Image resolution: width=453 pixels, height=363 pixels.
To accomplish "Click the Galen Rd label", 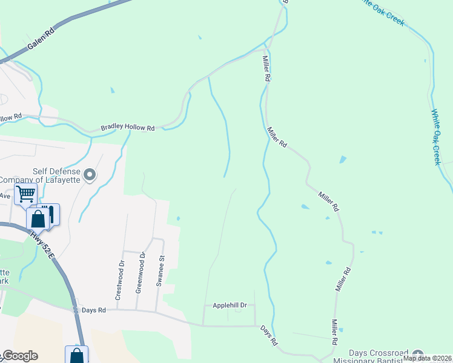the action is (41, 38).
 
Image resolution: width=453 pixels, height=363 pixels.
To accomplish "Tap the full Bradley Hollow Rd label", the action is (128, 128).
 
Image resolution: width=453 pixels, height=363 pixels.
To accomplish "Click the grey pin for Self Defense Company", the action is (90, 175).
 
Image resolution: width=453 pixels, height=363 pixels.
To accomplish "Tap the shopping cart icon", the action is (25, 194).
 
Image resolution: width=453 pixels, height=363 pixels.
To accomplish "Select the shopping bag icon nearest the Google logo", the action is (77, 355).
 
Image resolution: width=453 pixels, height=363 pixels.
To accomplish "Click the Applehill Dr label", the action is (230, 306).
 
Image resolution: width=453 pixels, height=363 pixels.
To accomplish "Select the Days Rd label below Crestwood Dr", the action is (94, 310).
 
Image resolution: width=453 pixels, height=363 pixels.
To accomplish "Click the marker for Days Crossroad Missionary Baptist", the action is (417, 354).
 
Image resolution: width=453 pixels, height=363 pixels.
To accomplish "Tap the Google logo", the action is (19, 356).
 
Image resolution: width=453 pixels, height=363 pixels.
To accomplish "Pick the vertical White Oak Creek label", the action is (436, 137).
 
